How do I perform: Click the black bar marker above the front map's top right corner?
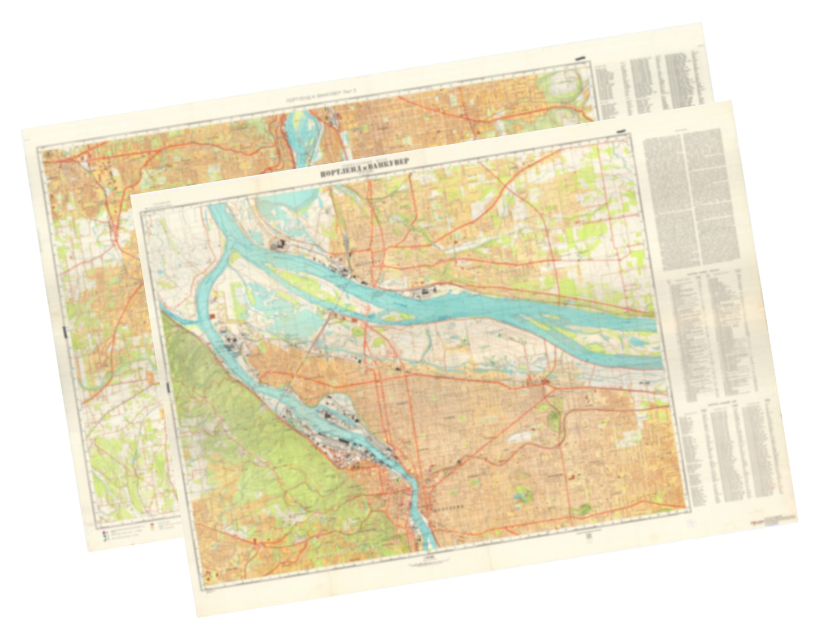pos(621,131)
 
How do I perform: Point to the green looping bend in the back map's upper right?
pos(560,85)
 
